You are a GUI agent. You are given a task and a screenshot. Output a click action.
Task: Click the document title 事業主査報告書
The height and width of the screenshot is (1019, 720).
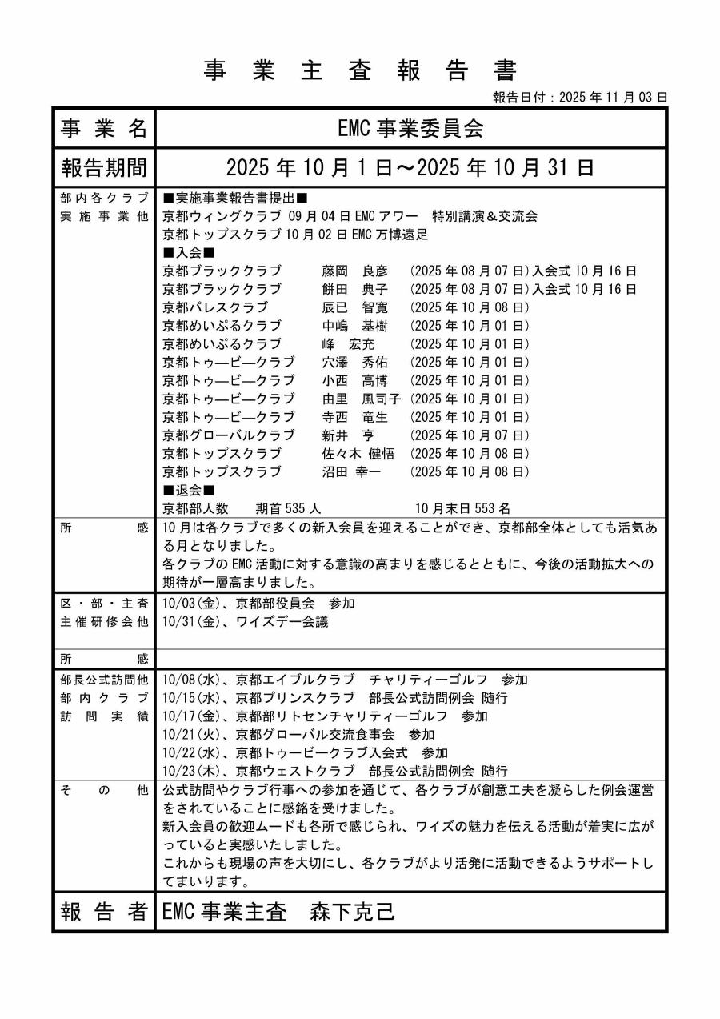pyautogui.click(x=359, y=70)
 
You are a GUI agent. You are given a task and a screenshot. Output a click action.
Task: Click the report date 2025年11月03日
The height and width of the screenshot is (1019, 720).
pyautogui.click(x=614, y=98)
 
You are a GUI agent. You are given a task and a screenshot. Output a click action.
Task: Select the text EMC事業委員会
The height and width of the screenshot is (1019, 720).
pyautogui.click(x=410, y=128)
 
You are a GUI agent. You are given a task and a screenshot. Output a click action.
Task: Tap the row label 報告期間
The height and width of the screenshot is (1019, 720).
pyautogui.click(x=104, y=168)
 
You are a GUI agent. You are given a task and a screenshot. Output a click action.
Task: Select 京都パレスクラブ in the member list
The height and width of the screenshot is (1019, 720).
pyautogui.click(x=215, y=307)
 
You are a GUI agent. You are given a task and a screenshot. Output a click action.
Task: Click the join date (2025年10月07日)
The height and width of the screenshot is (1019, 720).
pyautogui.click(x=470, y=435)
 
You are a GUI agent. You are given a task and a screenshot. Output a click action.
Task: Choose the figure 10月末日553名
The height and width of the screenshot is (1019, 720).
pyautogui.click(x=462, y=508)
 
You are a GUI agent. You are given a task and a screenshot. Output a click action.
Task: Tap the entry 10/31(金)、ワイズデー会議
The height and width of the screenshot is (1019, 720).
pyautogui.click(x=245, y=621)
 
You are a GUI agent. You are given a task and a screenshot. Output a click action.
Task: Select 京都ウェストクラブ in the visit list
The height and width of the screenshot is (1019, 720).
pyautogui.click(x=294, y=772)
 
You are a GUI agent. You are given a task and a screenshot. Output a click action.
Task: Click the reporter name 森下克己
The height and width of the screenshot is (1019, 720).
pyautogui.click(x=353, y=912)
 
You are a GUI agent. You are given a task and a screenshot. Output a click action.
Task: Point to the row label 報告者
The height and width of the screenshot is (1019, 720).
pyautogui.click(x=104, y=912)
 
